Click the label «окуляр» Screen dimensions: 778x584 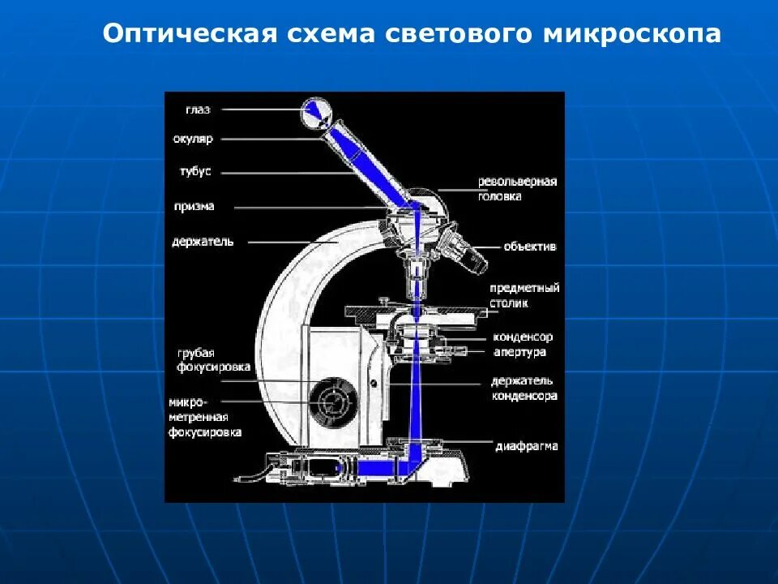[193, 139]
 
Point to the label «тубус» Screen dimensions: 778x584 [195, 172]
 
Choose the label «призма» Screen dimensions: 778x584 [194, 207]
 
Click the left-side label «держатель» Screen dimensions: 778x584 [203, 242]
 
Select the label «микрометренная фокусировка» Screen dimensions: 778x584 [205, 417]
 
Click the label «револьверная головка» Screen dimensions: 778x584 [517, 189]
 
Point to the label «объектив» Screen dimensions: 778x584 [530, 247]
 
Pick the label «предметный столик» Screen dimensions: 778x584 [524, 295]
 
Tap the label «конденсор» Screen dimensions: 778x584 [523, 337]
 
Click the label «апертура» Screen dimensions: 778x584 [519, 352]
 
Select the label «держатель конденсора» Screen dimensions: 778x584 [524, 389]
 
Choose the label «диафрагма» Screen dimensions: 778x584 [527, 446]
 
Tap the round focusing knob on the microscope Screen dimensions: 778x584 [332, 400]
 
